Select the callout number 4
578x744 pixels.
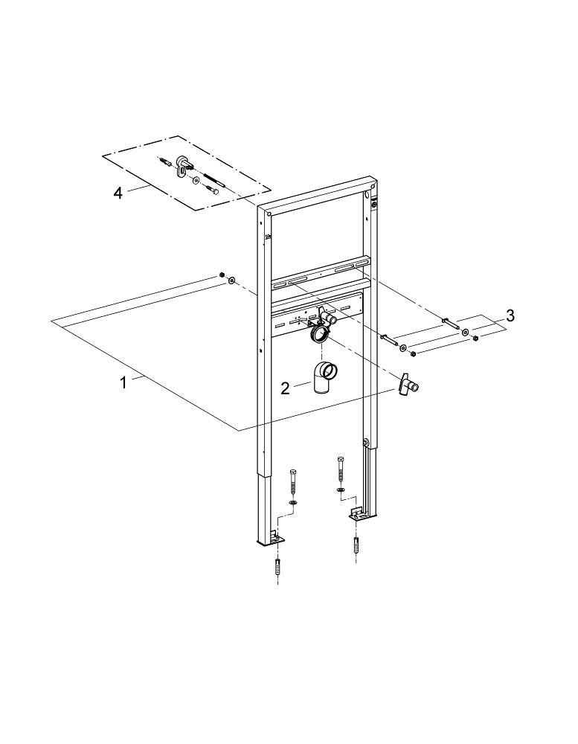pyautogui.click(x=118, y=193)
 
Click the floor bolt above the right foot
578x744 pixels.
pyautogui.click(x=341, y=470)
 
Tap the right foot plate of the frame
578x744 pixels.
pyautogui.click(x=357, y=513)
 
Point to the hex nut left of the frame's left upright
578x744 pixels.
pyautogui.click(x=222, y=275)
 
